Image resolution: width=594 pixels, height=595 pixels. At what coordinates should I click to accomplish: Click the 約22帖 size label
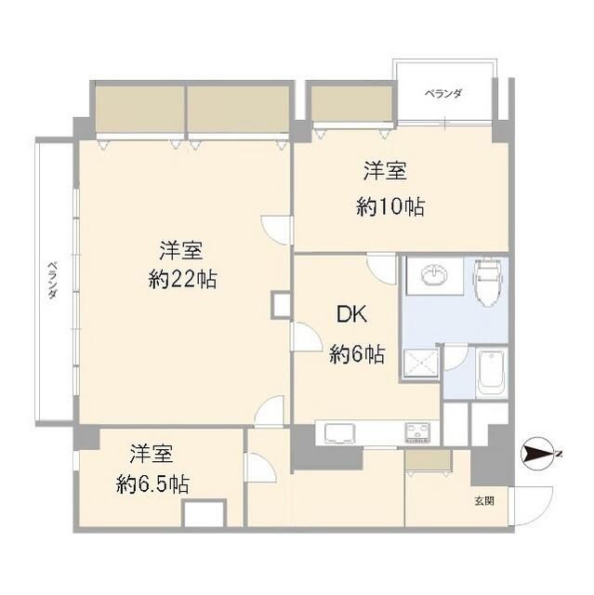point(183,279)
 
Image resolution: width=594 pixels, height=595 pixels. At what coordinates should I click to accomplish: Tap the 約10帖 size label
point(390,207)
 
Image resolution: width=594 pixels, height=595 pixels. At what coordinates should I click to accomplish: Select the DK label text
point(351,315)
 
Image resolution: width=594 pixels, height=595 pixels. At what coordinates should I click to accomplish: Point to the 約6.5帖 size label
point(153,484)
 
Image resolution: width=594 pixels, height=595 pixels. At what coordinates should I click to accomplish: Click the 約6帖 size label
point(357,354)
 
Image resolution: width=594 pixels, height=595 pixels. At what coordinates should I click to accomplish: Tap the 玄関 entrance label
point(483,501)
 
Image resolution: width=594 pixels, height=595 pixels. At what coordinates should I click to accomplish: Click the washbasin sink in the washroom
point(434,276)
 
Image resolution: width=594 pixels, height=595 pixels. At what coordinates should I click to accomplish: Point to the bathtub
point(490,373)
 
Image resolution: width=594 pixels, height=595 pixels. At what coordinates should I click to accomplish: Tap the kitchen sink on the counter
point(338,432)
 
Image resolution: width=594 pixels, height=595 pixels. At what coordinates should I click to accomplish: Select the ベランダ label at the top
point(443,94)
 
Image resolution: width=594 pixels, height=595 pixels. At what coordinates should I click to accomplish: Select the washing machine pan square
point(420,363)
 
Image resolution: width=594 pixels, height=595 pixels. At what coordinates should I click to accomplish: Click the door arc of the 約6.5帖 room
point(259,467)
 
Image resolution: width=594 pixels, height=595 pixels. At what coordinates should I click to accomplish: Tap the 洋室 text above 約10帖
point(384,172)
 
